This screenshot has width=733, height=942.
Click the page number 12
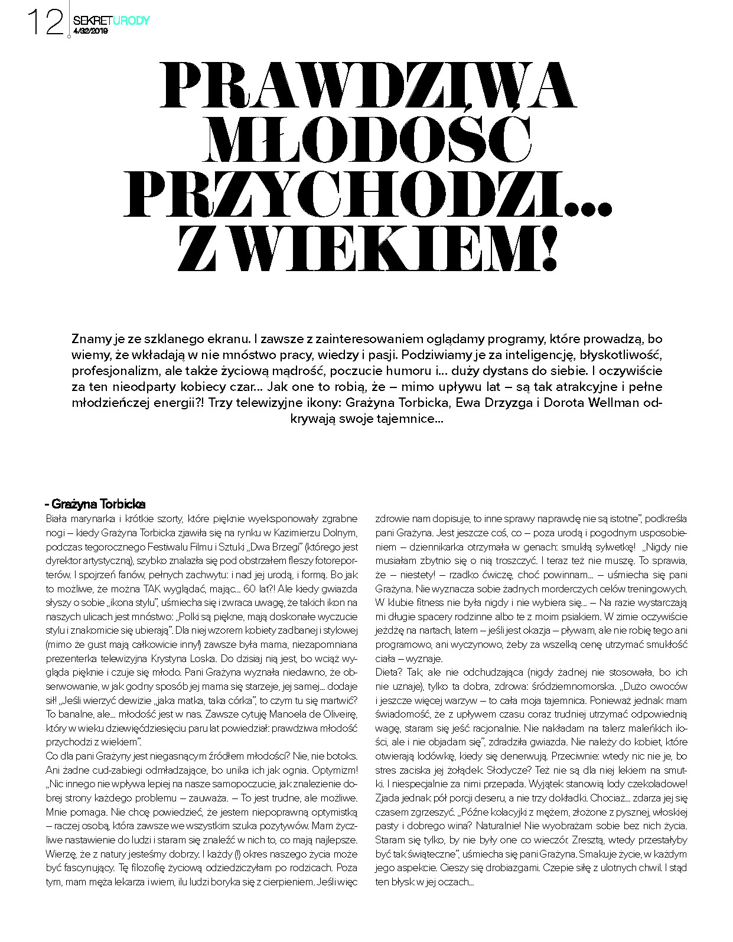tap(45, 22)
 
